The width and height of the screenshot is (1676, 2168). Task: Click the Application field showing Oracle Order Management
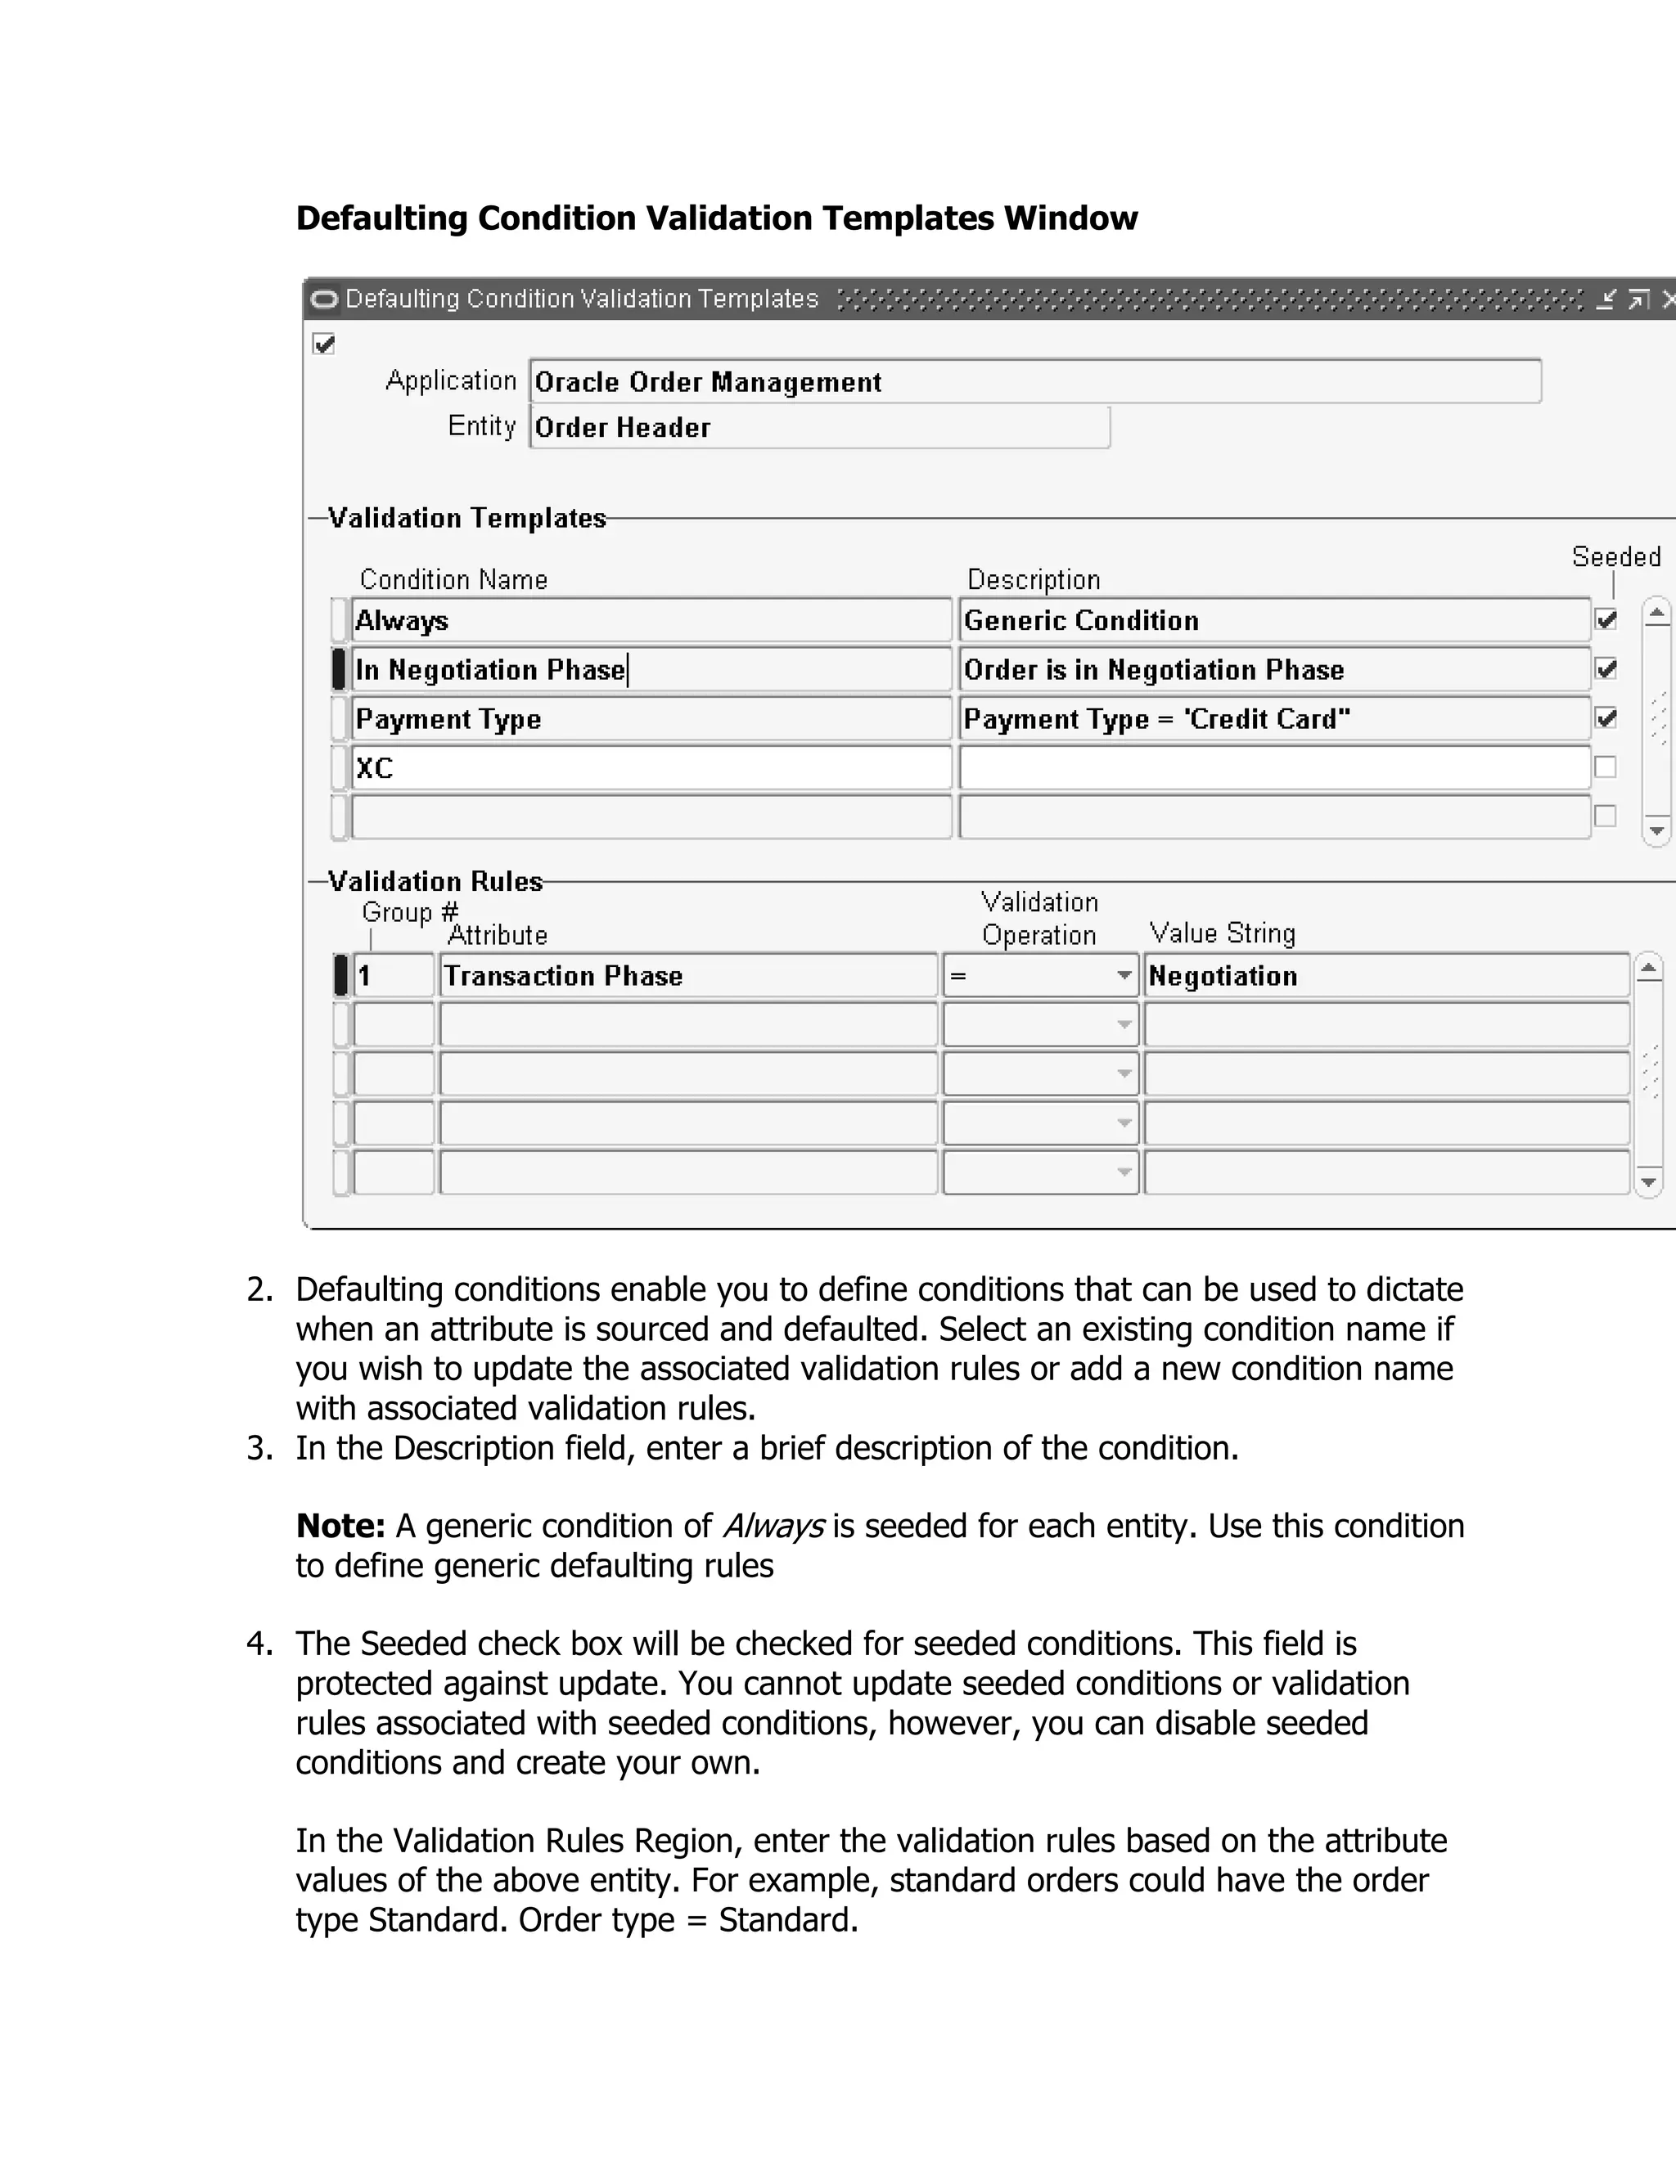tap(1034, 382)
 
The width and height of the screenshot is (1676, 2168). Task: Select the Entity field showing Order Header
tap(819, 428)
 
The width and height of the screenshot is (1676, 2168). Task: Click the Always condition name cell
tap(651, 620)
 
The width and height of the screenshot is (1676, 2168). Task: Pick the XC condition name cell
tap(651, 768)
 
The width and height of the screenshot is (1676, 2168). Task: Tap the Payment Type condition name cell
tap(651, 718)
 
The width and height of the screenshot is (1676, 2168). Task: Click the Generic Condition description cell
tap(1275, 620)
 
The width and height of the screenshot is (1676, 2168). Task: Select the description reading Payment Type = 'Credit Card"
tap(1275, 718)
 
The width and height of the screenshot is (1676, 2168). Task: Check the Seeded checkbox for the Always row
tap(1606, 620)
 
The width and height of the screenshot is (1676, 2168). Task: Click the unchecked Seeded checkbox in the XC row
tap(1605, 767)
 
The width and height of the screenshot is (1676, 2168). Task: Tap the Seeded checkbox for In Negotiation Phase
tap(1606, 669)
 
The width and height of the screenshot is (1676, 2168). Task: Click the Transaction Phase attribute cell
tap(688, 976)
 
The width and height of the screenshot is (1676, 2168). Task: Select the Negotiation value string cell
tap(1386, 976)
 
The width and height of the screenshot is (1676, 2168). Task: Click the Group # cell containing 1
tap(393, 976)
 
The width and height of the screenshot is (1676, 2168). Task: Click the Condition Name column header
tap(453, 580)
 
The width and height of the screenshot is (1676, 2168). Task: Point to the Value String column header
tap(1223, 933)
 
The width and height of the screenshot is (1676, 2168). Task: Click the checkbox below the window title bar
tap(324, 344)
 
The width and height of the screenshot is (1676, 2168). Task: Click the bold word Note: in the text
tap(340, 1526)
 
